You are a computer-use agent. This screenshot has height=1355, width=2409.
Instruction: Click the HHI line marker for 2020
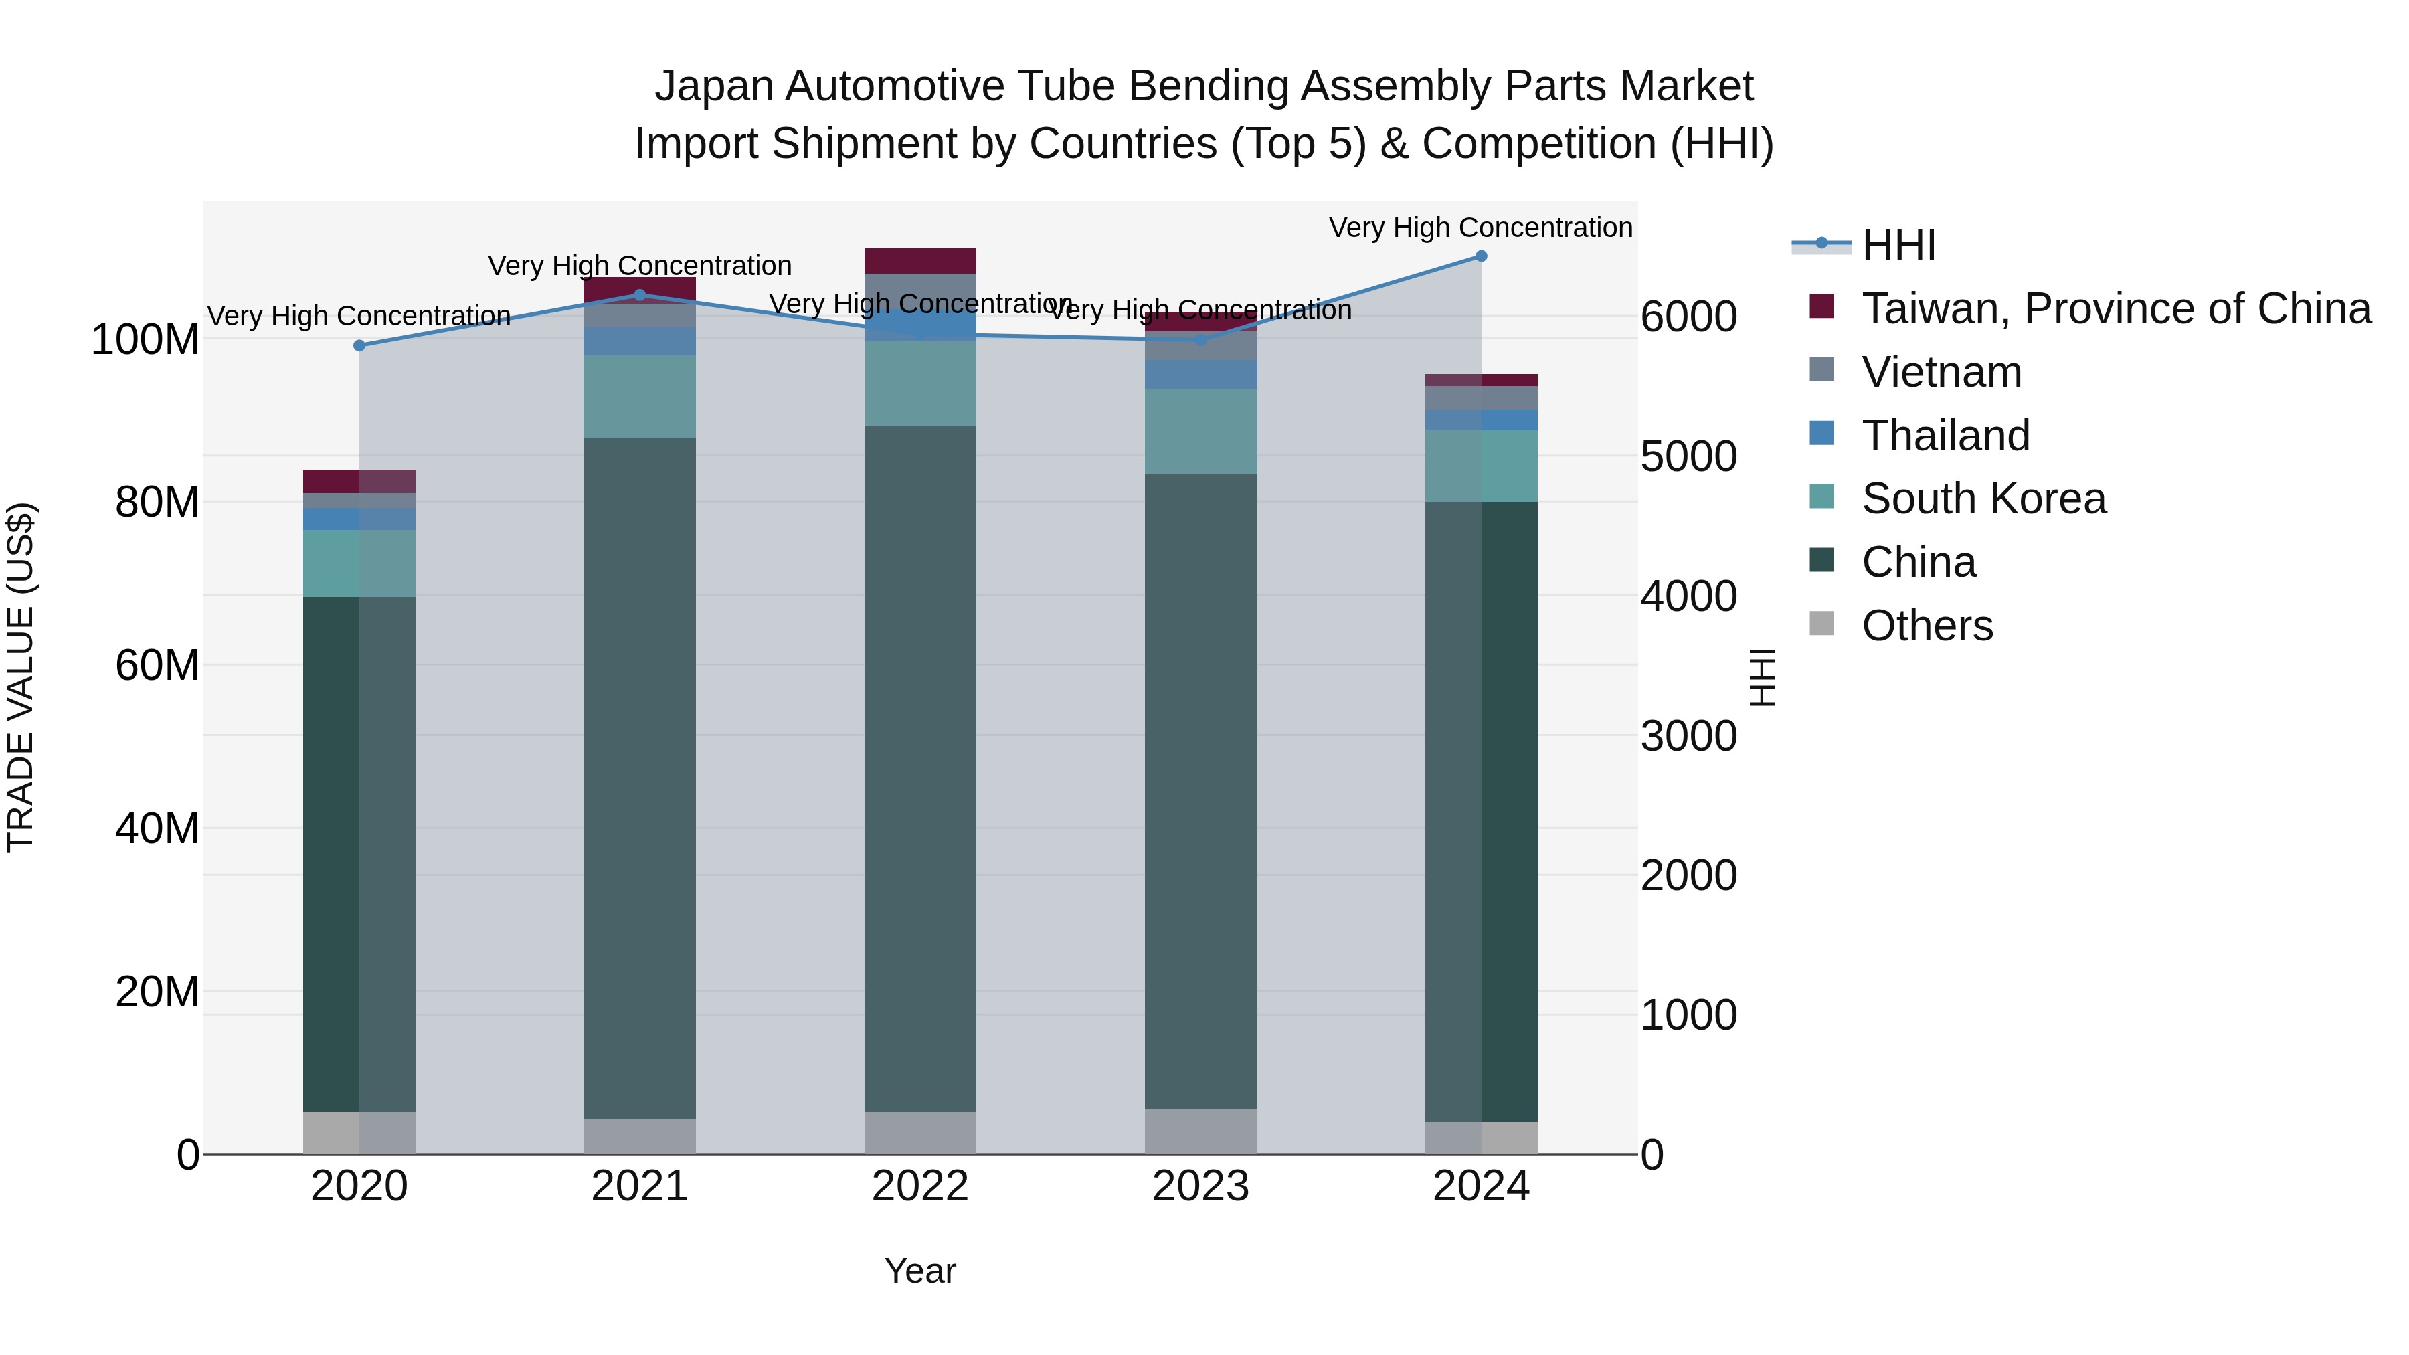point(359,345)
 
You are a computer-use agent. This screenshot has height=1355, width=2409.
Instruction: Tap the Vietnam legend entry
point(1941,372)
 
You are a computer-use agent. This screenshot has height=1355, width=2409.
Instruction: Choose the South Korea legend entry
point(1983,499)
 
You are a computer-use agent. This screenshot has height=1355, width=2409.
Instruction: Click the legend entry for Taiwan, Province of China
point(2115,308)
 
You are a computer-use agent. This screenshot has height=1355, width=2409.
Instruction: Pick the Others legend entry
point(1927,626)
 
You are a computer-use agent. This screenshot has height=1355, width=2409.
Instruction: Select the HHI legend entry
point(1898,245)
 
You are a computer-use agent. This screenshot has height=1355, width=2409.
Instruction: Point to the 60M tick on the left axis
point(157,666)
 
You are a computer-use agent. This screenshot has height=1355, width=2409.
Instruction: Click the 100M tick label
point(145,339)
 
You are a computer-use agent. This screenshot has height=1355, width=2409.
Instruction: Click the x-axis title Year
point(920,1271)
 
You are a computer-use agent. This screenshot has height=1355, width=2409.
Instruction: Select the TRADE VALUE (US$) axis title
point(21,677)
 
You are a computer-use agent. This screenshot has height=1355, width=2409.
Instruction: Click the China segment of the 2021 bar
point(640,776)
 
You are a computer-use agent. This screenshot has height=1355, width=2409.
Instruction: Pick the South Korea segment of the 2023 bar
point(1200,431)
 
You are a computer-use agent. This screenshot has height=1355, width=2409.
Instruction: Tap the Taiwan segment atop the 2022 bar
point(920,261)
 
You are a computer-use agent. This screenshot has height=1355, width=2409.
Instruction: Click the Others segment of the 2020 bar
point(359,1132)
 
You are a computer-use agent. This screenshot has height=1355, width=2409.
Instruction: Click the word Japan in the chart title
point(713,86)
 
